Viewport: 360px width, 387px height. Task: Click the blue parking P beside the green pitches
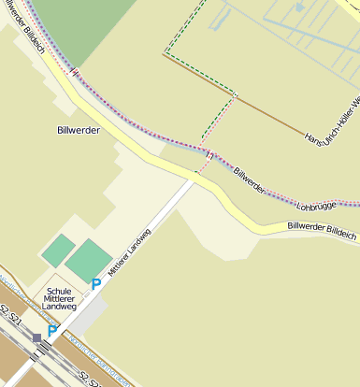coord(95,284)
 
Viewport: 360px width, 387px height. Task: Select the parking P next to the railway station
coord(52,330)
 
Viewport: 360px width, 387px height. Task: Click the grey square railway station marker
coord(37,337)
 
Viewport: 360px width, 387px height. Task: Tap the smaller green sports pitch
coord(58,250)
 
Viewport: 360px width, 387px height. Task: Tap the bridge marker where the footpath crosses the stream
coord(209,154)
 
